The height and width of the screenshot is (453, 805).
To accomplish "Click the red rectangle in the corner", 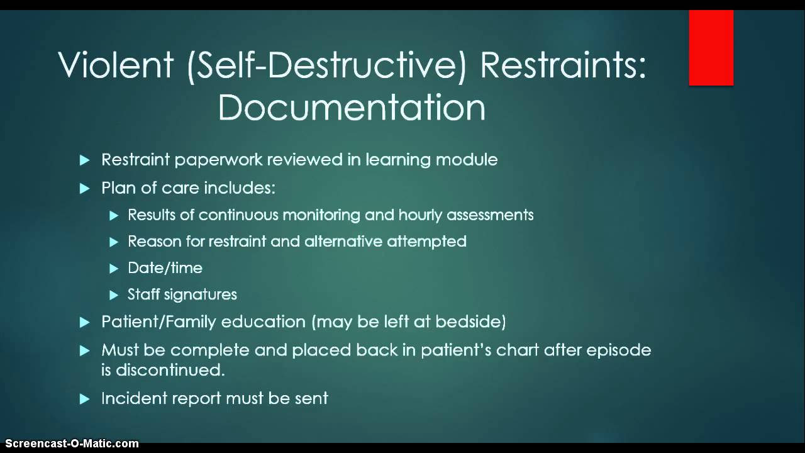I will click(711, 48).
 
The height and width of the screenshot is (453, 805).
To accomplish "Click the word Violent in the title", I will click(116, 65).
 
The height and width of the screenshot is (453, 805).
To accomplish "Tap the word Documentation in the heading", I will click(352, 108).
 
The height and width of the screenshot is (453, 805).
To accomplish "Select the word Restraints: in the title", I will click(563, 65).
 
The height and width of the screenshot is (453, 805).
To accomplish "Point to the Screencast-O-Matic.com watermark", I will click(69, 444).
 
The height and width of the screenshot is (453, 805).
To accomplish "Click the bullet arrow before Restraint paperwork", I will click(86, 160).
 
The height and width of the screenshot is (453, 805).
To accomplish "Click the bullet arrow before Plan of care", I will click(86, 189).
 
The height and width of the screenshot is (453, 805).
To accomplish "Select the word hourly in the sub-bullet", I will click(421, 215).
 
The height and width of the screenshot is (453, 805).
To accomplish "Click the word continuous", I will click(239, 215).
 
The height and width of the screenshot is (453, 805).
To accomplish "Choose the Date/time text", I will click(165, 268).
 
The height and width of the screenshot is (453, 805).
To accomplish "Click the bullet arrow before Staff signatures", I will click(114, 295).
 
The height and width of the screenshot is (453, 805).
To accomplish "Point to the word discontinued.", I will click(170, 370).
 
